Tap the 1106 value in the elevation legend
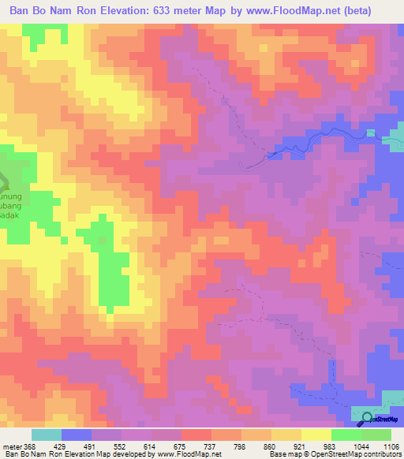pos(391,446)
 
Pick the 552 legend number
pos(129,446)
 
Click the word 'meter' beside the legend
pos(10,446)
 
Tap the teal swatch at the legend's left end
pos(47,435)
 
